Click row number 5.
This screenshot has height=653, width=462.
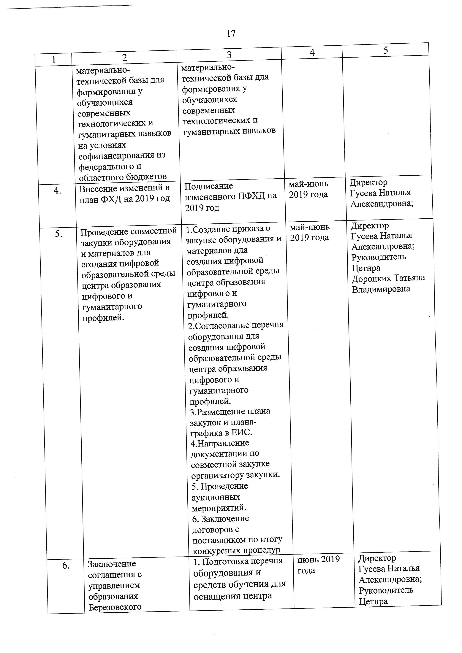coord(59,234)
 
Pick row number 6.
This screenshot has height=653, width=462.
coord(66,566)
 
